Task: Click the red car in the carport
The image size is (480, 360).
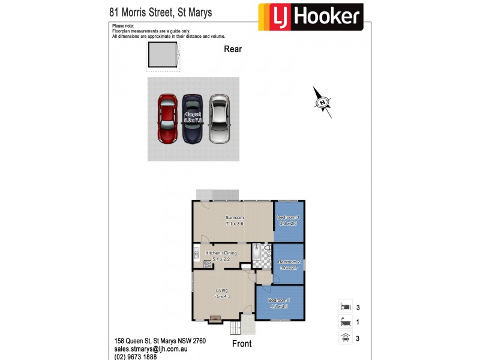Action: (168, 118)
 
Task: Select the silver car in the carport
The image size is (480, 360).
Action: (220, 118)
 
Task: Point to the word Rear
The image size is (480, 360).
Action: (233, 49)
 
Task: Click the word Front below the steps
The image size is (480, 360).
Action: (241, 344)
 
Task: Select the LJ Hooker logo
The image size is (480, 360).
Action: (310, 17)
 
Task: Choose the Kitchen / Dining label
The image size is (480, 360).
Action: (221, 253)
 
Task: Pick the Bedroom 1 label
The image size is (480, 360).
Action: (279, 300)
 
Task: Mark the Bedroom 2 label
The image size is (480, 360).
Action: (289, 262)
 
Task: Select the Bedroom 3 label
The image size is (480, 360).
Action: (289, 217)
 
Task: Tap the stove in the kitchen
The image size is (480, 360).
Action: (208, 264)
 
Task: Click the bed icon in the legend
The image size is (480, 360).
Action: (345, 307)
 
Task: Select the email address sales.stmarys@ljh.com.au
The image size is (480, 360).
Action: (152, 348)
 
